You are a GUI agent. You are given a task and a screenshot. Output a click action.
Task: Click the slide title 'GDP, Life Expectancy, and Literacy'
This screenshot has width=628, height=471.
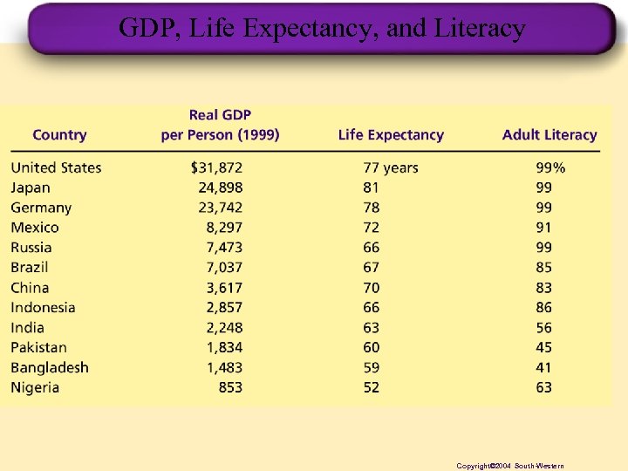(x=322, y=29)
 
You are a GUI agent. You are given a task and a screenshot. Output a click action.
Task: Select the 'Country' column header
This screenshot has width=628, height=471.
(x=59, y=135)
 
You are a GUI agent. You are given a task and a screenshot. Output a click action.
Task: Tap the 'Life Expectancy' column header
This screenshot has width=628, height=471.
(x=391, y=135)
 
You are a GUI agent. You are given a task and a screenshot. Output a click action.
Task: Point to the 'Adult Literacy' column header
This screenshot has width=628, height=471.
(x=549, y=135)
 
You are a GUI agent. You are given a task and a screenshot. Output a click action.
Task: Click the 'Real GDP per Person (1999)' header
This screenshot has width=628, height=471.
(x=220, y=125)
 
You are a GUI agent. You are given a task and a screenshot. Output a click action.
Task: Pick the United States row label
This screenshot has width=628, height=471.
(x=56, y=167)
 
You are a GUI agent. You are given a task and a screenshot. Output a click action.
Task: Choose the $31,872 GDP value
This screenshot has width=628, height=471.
(x=216, y=167)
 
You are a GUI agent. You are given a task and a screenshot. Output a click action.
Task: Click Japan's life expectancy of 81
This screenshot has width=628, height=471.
(x=372, y=188)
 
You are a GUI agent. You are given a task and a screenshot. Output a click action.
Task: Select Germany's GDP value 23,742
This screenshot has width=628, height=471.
(x=221, y=208)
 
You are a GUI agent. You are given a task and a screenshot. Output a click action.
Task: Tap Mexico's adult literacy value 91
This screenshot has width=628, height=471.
(x=544, y=228)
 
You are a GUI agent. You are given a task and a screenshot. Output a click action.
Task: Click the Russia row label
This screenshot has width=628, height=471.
(x=31, y=248)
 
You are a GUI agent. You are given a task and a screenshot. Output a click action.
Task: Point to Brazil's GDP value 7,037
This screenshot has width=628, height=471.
(x=224, y=267)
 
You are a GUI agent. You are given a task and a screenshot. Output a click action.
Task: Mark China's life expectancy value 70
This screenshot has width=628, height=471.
(x=372, y=288)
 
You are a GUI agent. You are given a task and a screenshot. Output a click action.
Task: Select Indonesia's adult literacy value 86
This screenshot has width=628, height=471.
(x=544, y=308)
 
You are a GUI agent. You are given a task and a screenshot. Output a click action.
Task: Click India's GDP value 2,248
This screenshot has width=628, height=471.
(x=224, y=328)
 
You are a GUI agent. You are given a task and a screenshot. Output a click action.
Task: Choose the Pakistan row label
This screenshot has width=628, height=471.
(x=38, y=347)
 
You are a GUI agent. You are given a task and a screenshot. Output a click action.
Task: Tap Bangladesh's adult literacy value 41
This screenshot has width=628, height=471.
(x=544, y=367)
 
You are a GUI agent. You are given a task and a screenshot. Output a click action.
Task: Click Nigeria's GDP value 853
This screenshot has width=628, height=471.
(x=230, y=387)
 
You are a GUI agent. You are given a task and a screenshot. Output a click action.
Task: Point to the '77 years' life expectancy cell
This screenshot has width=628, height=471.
(x=390, y=167)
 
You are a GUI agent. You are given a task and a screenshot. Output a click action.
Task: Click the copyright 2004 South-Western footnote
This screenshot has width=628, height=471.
(x=510, y=467)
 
